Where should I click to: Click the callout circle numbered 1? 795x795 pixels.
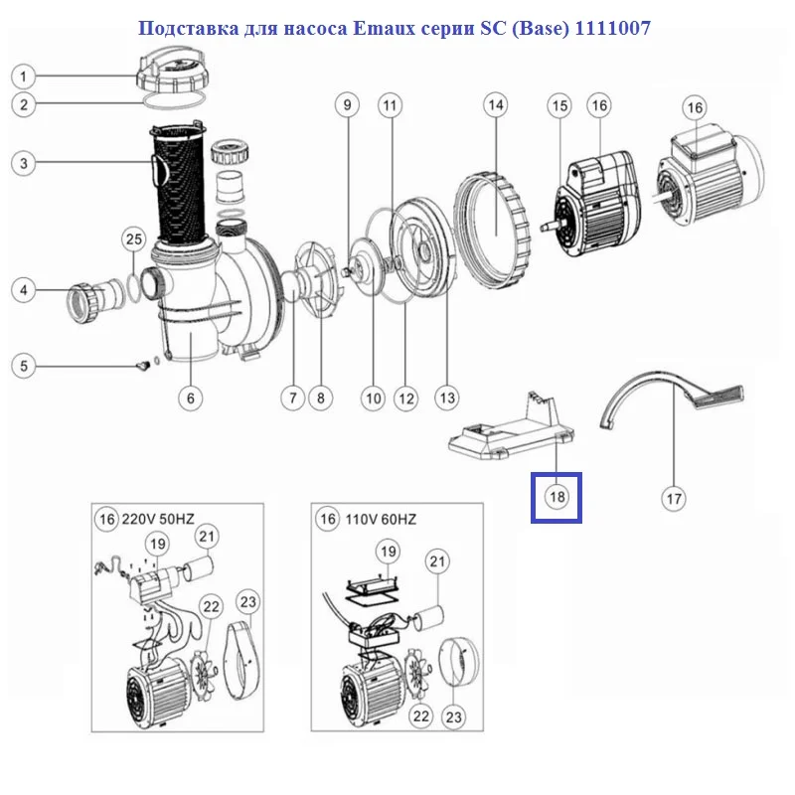click(x=23, y=77)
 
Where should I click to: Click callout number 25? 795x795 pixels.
click(x=134, y=239)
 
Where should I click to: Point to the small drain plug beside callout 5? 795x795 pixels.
click(x=142, y=365)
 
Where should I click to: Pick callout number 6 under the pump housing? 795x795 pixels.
click(x=190, y=398)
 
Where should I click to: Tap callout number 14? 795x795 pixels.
click(x=495, y=105)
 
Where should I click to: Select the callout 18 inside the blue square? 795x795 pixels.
click(x=556, y=496)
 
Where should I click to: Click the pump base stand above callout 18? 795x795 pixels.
click(x=512, y=427)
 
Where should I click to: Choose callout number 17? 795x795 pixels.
click(x=674, y=499)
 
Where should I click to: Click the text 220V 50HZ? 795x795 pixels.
click(x=158, y=519)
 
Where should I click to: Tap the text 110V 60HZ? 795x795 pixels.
click(x=381, y=520)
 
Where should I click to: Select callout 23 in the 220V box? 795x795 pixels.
click(x=247, y=602)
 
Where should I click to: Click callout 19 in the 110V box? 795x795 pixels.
click(x=388, y=552)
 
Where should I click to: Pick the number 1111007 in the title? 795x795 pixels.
click(x=612, y=28)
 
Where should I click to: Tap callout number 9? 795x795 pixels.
click(x=347, y=105)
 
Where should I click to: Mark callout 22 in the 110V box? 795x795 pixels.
click(x=420, y=715)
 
